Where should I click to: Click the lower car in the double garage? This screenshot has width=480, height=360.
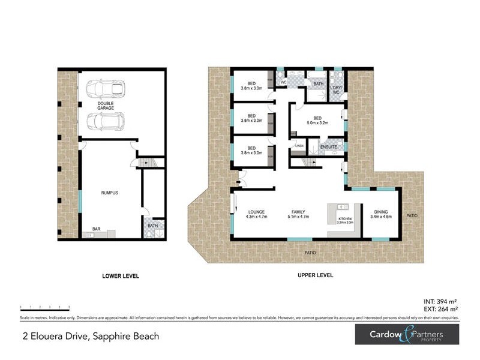point(106,121)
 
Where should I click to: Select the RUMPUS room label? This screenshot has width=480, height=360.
point(109,193)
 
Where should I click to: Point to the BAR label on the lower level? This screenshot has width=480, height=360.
point(96,229)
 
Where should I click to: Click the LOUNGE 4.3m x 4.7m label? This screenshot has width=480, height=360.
point(257,214)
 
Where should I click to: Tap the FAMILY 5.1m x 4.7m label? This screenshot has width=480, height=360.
point(301,214)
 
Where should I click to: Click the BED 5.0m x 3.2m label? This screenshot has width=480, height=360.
point(317,121)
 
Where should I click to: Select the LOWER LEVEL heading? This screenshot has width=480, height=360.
point(121,276)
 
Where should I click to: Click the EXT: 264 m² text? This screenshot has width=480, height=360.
point(441,309)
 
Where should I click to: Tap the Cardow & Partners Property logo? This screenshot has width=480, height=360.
point(407,335)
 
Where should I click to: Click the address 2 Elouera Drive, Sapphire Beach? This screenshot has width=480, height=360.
point(90,336)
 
